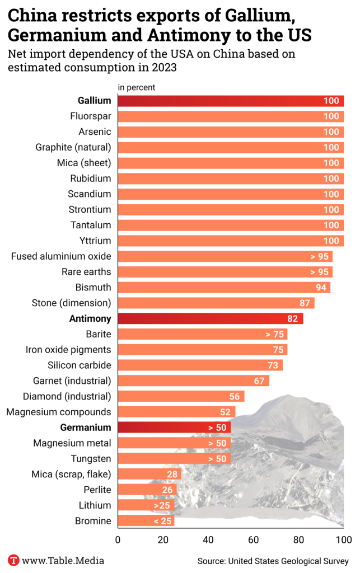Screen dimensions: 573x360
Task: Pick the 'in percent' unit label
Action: point(137,87)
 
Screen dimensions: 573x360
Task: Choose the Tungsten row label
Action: point(91,459)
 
